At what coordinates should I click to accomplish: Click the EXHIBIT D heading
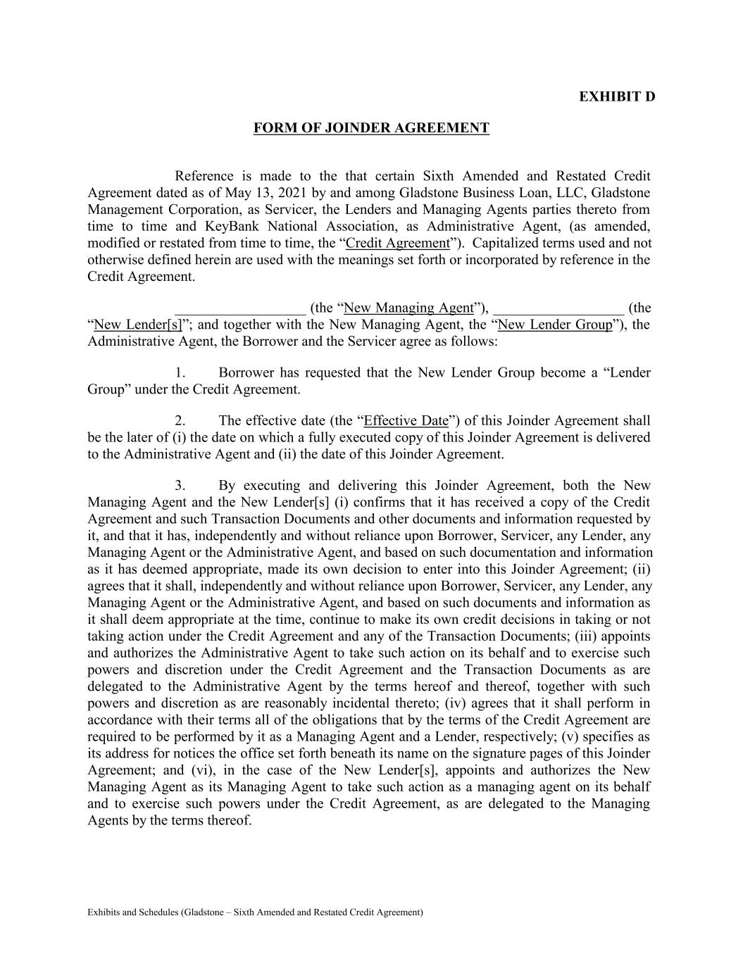tap(617, 96)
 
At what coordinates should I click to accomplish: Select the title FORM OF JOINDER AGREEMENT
tap(371, 128)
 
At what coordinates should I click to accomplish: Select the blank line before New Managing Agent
tap(239, 308)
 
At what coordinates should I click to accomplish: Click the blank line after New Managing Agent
tap(558, 308)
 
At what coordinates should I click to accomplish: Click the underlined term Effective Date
tap(406, 421)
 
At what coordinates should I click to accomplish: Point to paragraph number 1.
tap(180, 372)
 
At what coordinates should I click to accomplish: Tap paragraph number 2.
tap(180, 421)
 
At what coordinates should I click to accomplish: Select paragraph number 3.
tap(180, 486)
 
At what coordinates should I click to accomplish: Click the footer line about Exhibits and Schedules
tap(255, 912)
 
